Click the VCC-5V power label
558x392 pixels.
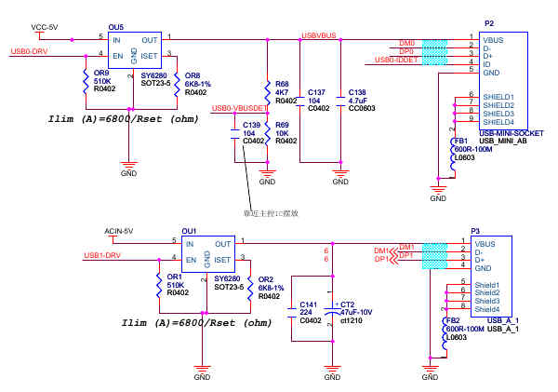(x=44, y=27)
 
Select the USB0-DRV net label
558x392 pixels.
(x=29, y=51)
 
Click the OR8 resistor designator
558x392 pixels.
(x=193, y=74)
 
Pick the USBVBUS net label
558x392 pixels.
(x=318, y=35)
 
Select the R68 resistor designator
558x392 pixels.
(x=282, y=84)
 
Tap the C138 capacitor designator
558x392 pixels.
(x=356, y=92)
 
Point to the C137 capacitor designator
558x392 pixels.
(x=316, y=92)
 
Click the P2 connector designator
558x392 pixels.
(x=489, y=21)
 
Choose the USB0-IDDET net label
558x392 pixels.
(x=395, y=60)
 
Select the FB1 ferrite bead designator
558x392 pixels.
(x=459, y=141)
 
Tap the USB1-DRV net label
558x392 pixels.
(x=102, y=255)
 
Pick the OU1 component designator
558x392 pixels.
(x=190, y=231)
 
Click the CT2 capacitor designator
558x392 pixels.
(x=347, y=304)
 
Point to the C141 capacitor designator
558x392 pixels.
(x=308, y=304)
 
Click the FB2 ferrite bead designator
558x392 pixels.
(x=453, y=320)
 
